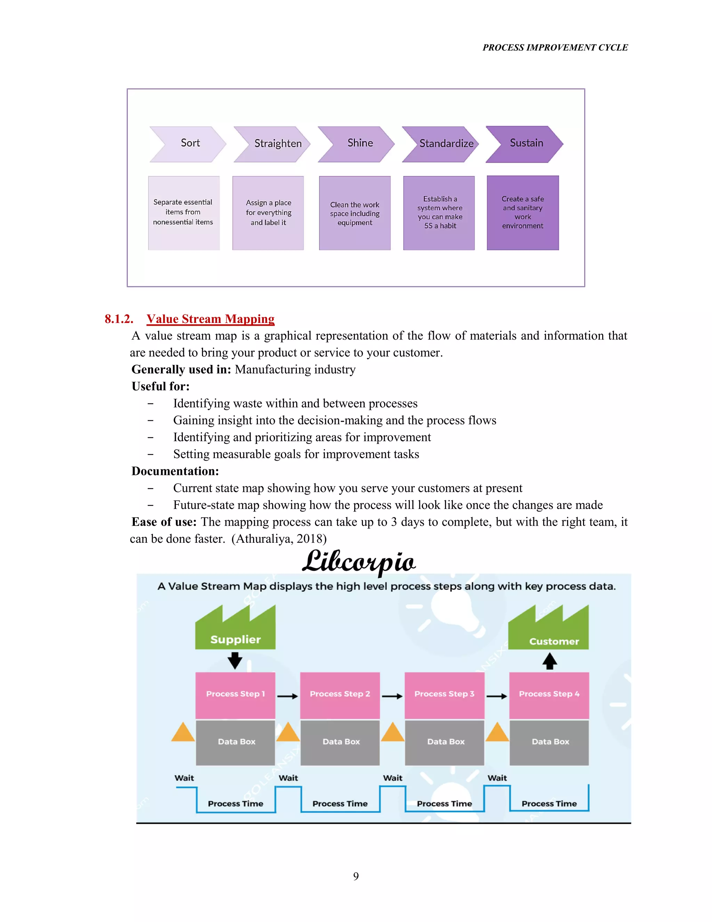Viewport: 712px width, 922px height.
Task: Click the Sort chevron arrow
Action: coord(188,144)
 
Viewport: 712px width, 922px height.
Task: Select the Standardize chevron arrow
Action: coord(440,144)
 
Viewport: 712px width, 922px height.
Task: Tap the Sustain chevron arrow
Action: coord(524,144)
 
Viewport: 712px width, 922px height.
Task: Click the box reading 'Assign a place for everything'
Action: coord(268,213)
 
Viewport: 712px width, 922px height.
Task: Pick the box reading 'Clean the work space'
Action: coord(355,213)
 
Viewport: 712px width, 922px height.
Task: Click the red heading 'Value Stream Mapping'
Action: coord(210,319)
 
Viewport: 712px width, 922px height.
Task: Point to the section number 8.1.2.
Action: coord(119,319)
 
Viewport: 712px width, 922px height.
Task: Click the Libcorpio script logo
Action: coord(358,562)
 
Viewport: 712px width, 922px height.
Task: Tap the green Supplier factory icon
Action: coord(235,628)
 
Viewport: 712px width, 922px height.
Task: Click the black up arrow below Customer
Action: coord(549,661)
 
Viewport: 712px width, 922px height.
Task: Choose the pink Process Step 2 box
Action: coord(340,695)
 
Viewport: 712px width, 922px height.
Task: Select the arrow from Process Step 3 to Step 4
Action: coord(497,696)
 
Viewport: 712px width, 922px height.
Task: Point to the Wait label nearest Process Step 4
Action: coord(497,778)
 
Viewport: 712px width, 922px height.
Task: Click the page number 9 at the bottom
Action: coord(356,876)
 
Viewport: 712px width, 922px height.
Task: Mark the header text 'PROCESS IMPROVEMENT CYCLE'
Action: coord(555,47)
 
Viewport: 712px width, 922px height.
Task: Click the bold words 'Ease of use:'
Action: coord(164,522)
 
